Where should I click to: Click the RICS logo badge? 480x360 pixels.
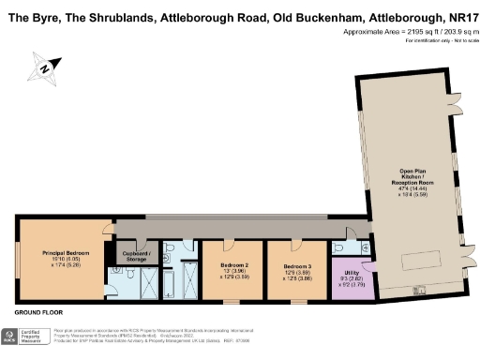click(x=10, y=335)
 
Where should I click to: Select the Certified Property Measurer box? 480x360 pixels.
click(x=35, y=335)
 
